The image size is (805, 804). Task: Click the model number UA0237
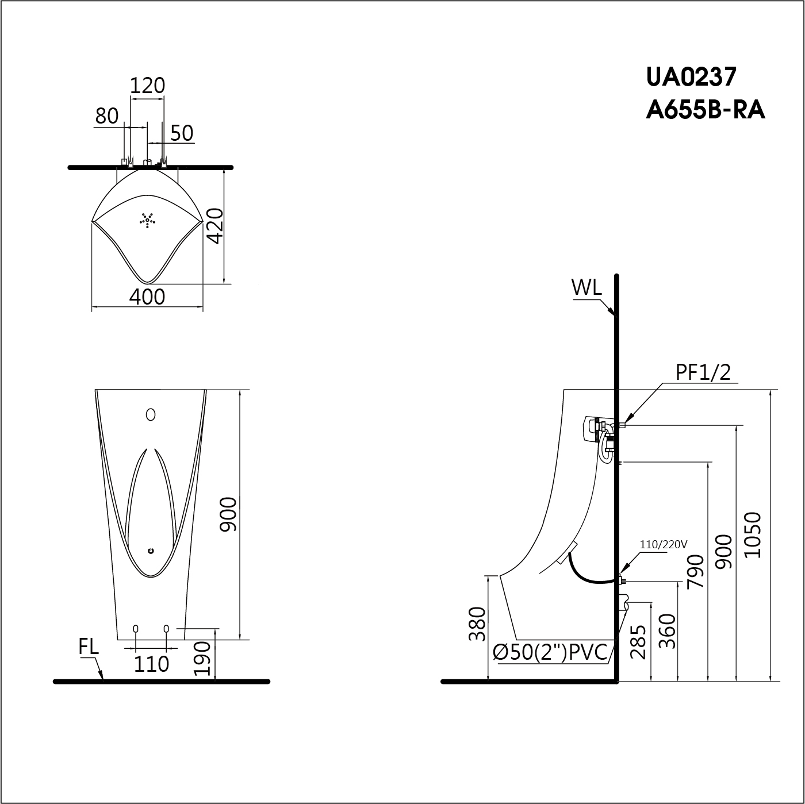click(691, 76)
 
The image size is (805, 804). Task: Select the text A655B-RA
click(705, 109)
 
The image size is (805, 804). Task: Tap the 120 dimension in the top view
click(147, 86)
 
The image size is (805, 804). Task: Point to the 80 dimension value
click(107, 116)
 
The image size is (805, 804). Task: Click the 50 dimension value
click(182, 133)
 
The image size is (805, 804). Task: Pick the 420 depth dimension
click(215, 226)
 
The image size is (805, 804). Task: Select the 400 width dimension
click(147, 297)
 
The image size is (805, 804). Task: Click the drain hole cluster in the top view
click(148, 220)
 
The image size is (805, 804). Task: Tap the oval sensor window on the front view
click(151, 414)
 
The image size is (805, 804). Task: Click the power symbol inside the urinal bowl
click(151, 551)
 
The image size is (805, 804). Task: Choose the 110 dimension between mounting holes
click(151, 664)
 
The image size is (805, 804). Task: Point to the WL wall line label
click(586, 287)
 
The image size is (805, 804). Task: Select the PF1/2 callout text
click(703, 373)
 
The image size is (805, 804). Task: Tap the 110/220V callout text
click(664, 544)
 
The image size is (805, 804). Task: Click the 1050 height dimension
click(753, 534)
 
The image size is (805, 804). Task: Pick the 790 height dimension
click(695, 571)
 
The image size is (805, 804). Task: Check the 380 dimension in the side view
click(477, 624)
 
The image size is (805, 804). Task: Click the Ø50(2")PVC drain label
click(550, 652)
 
